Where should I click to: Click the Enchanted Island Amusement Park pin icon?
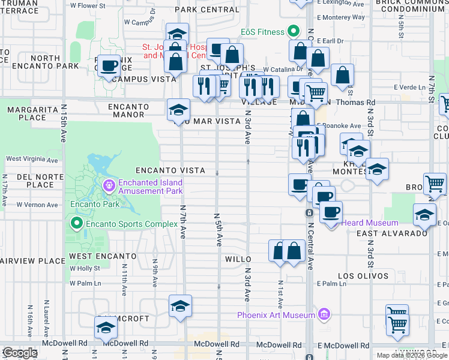(109, 185)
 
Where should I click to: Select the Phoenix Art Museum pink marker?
(324, 314)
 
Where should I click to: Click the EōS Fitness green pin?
(293, 31)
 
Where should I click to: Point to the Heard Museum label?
(361, 223)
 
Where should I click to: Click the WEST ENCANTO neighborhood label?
(102, 256)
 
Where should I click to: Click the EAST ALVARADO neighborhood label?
(383, 233)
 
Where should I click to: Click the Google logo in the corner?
(20, 353)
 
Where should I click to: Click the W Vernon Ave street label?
(37, 205)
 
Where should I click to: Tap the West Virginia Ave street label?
(32, 160)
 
